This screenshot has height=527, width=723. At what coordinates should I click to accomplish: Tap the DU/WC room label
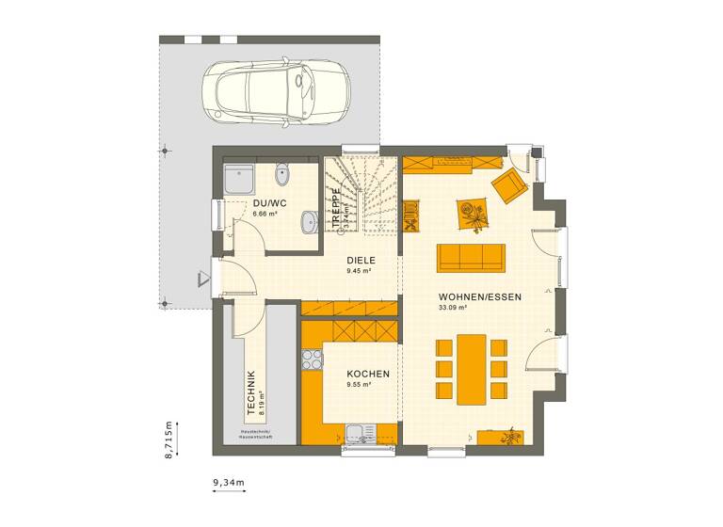click(269, 203)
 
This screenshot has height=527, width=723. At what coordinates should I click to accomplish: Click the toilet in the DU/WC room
click(283, 175)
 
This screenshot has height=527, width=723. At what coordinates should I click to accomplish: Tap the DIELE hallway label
click(361, 261)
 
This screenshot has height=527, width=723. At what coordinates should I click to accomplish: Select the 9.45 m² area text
click(360, 271)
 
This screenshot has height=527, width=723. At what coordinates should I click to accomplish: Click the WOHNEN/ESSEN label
click(480, 295)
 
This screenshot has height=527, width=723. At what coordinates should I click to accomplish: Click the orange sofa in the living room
click(471, 257)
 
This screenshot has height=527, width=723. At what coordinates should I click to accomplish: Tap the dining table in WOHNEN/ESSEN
click(472, 368)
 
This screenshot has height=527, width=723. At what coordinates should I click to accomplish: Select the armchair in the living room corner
click(509, 185)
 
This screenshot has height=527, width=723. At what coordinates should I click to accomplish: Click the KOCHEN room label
click(361, 374)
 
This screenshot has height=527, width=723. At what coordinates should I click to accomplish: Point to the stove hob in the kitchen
click(311, 359)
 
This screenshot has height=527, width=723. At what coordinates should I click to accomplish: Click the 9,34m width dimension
click(228, 483)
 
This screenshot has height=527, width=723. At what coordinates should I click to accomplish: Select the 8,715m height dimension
click(168, 439)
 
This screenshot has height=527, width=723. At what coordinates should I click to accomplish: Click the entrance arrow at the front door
click(203, 279)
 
